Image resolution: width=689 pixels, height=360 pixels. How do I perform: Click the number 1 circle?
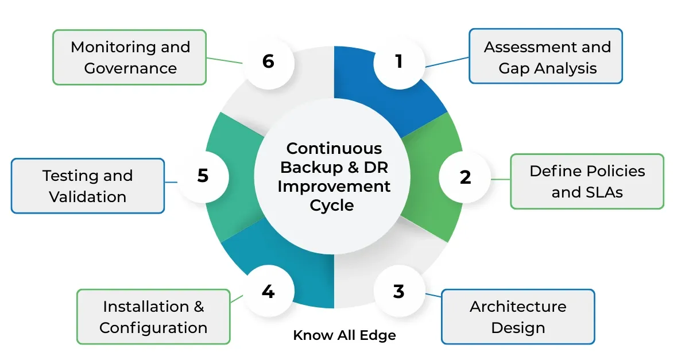tap(399, 61)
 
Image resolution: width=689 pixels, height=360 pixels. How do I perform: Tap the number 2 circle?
tap(465, 177)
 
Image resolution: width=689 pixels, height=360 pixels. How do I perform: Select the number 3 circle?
tap(399, 291)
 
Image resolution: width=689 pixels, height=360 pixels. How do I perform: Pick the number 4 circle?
tap(268, 291)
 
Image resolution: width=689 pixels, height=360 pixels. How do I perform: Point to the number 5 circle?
tap(203, 176)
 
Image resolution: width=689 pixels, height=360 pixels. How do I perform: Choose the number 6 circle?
tap(268, 61)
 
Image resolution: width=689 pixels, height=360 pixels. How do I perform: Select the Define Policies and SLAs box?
tap(587, 181)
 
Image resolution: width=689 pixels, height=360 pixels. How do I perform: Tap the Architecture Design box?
tap(517, 317)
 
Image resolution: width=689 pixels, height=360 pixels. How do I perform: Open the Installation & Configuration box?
tap(153, 317)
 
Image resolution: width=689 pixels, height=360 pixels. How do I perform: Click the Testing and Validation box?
tap(88, 186)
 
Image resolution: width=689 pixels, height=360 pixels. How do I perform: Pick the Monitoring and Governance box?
tap(130, 57)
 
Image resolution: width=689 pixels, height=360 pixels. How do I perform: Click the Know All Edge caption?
tap(344, 335)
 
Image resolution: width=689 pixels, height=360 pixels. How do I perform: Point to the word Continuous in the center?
tap(334, 148)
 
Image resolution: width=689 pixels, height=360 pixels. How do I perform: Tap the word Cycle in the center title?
tap(332, 206)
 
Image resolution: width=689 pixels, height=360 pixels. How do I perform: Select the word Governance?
tap(130, 68)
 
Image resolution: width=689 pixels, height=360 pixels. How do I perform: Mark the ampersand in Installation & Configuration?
tap(199, 307)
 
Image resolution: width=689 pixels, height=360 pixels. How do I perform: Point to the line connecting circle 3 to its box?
tap(433, 295)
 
